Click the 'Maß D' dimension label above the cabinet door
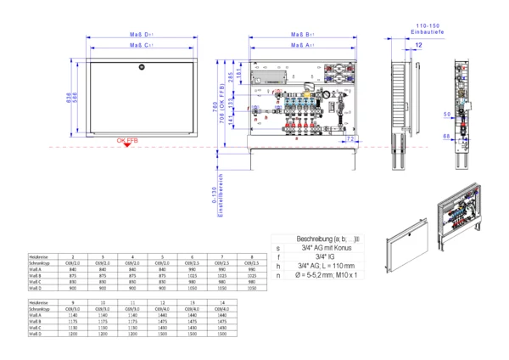(x=141, y=34)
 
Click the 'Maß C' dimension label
(x=141, y=45)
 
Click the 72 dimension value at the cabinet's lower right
(x=350, y=137)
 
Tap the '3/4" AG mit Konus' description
(x=320, y=248)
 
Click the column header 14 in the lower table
(x=221, y=301)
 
